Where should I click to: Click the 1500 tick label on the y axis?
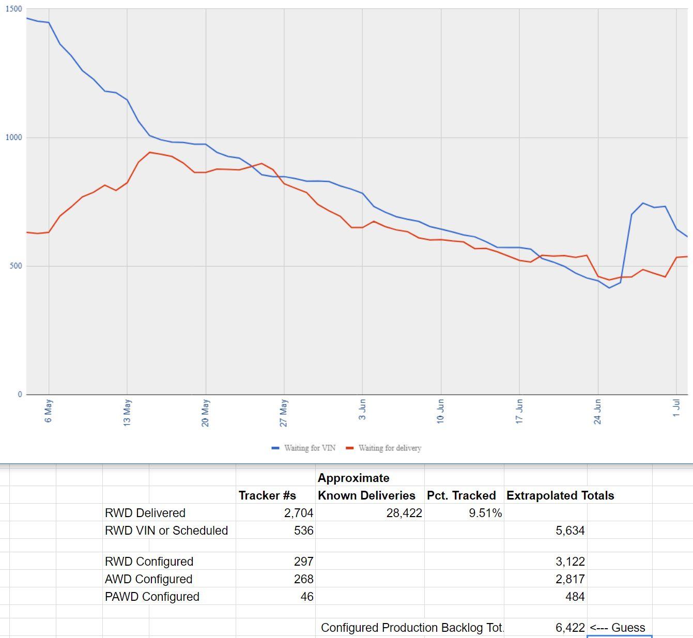point(14,9)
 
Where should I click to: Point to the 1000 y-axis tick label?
point(14,137)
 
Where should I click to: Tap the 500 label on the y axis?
point(16,266)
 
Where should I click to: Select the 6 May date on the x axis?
point(49,411)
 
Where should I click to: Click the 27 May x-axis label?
point(284,413)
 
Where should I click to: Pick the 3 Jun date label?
point(362,409)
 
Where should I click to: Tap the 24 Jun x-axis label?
point(598,411)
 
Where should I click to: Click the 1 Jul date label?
point(676,408)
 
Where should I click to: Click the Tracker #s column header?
point(267,495)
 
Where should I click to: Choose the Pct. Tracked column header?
point(461,495)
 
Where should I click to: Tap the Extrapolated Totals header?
point(560,495)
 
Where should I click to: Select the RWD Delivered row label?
point(145,513)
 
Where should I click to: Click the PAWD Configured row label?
point(152,597)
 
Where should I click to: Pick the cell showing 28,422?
point(404,513)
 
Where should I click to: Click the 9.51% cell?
point(485,513)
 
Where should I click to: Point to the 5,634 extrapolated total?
point(570,531)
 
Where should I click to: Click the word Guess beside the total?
point(628,628)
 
